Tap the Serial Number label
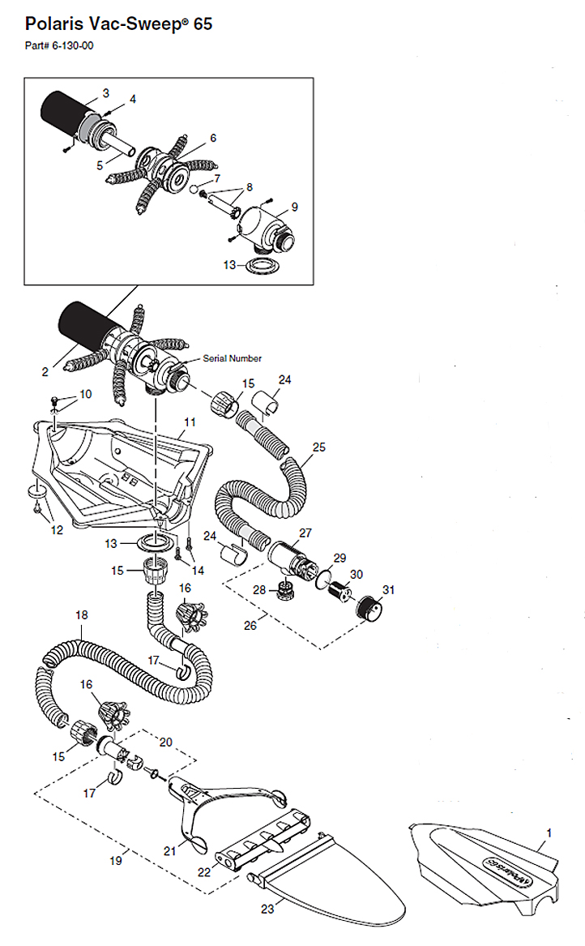tap(233, 358)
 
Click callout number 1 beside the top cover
tap(548, 833)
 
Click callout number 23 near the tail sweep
tap(268, 909)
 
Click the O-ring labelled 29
tap(324, 578)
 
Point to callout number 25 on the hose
tap(318, 447)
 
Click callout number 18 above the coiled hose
tap(82, 615)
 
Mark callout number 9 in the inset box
tap(294, 207)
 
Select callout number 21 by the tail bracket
tap(170, 850)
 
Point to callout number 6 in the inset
tap(212, 138)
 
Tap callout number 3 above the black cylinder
tap(105, 93)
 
